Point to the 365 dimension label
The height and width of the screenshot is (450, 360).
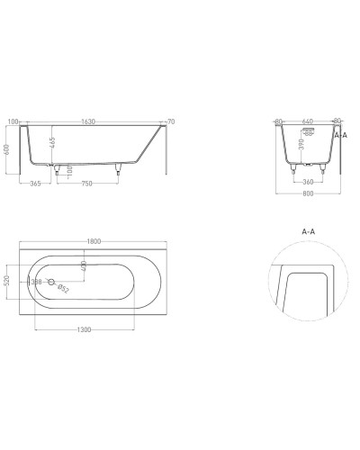point(35,184)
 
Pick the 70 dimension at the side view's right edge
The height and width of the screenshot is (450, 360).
point(171,120)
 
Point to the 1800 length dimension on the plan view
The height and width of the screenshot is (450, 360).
point(94,242)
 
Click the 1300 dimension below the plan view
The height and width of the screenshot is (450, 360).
point(85,330)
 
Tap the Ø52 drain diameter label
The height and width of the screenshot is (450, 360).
point(63,290)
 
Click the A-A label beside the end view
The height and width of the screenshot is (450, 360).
point(340,135)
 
